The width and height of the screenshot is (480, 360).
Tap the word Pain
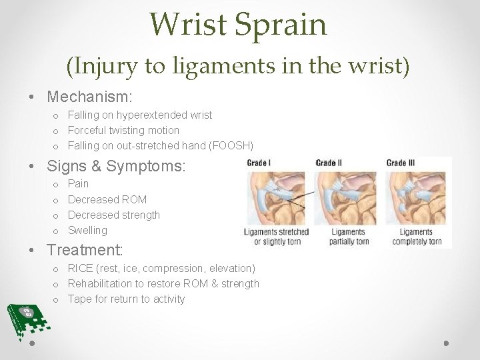coord(78,183)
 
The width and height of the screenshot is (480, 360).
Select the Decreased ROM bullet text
coord(107,199)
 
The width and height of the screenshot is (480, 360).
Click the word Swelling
coord(87,230)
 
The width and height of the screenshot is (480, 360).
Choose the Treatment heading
coord(85,250)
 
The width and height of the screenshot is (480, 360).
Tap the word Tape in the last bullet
coord(79,299)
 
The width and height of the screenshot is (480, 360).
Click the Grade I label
coord(259,163)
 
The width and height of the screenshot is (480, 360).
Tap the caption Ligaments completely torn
coord(416,237)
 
